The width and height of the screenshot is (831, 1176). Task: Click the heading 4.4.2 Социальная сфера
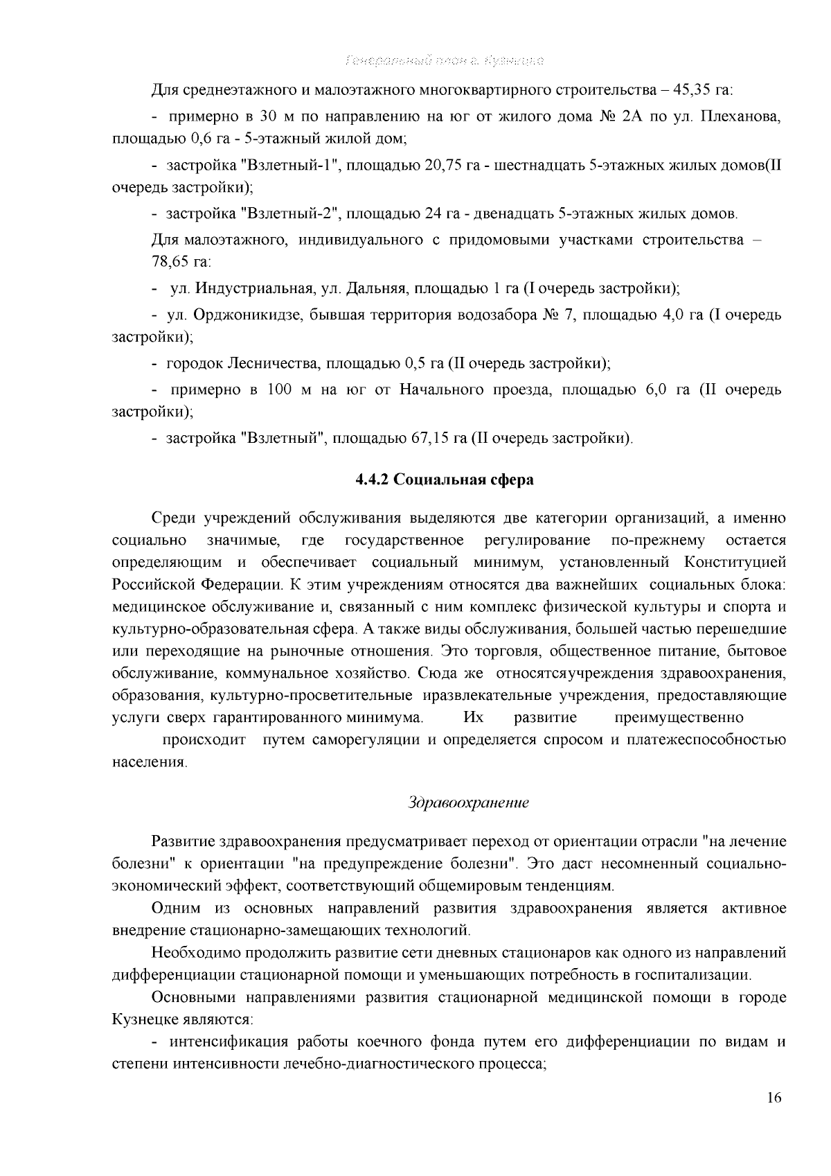[x=444, y=480]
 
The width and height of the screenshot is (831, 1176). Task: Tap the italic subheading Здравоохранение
[x=469, y=802]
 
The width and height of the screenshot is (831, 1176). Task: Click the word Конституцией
[x=735, y=561]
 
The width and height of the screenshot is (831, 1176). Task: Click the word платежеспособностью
[x=706, y=739]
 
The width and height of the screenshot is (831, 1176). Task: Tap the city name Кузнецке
[x=138, y=1020]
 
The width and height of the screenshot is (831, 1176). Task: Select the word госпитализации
[x=698, y=975]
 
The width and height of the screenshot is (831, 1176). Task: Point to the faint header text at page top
[x=444, y=60]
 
